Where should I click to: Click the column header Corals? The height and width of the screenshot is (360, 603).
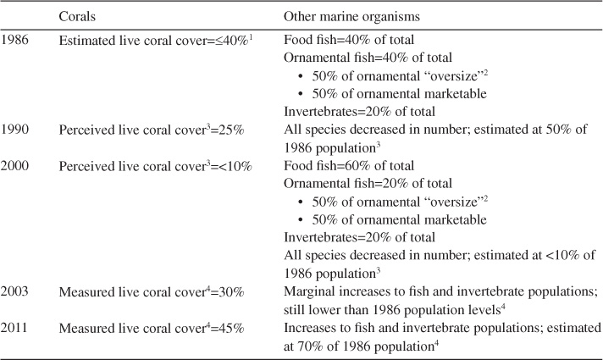point(78,16)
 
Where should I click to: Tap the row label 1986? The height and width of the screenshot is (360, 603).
point(18,39)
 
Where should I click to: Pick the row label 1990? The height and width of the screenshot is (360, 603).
point(18,131)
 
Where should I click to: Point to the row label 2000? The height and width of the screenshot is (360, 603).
point(18,169)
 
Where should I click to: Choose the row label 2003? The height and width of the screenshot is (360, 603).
point(18,293)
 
